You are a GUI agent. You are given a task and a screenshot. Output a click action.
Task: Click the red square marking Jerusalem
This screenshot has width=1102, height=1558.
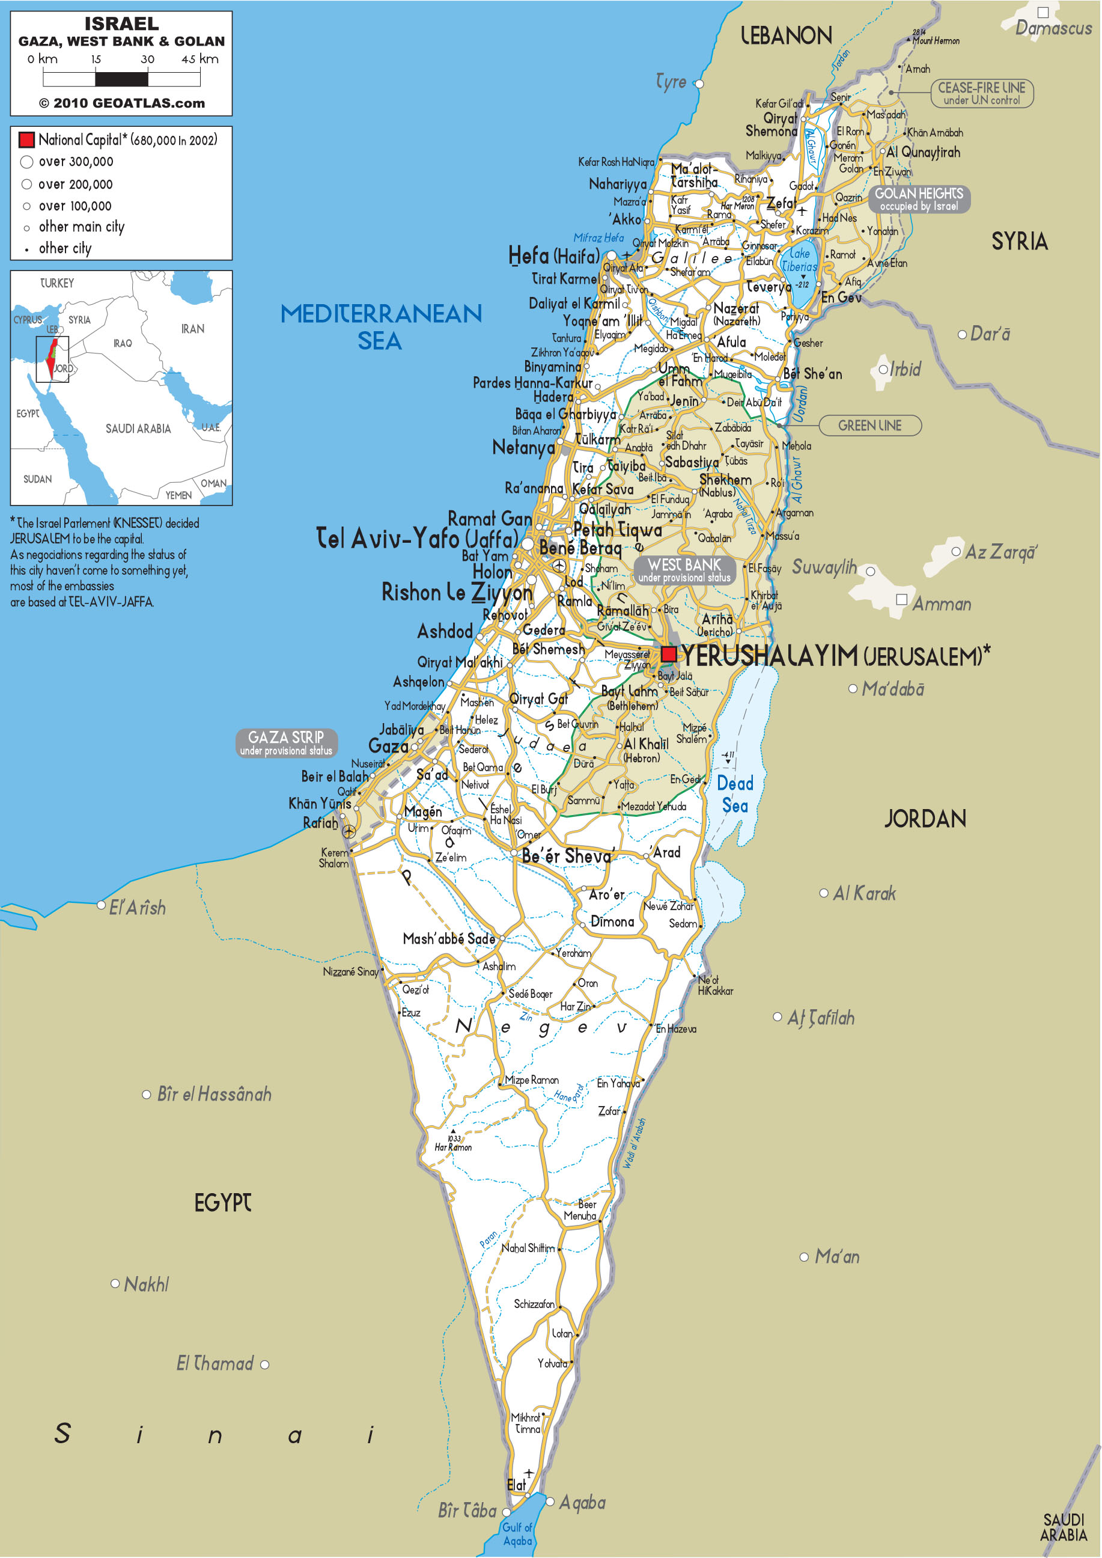click(x=668, y=654)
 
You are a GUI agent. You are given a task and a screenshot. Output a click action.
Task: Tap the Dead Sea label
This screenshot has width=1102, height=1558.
click(x=735, y=794)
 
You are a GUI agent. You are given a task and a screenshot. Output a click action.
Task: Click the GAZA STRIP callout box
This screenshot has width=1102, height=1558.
click(x=287, y=743)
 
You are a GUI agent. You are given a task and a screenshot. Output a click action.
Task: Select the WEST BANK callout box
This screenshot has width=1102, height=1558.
click(x=684, y=570)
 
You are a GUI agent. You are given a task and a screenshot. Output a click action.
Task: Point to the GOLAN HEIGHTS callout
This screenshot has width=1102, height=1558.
click(x=919, y=199)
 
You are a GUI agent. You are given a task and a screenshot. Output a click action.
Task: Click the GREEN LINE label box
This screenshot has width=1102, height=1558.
click(x=870, y=426)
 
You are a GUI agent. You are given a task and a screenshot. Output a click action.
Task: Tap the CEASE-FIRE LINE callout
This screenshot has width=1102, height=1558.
click(x=981, y=93)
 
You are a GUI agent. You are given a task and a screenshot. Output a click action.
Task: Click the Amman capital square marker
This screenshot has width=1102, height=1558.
click(x=902, y=599)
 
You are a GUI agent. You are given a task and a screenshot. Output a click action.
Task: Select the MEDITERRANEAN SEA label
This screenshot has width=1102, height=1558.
click(x=381, y=326)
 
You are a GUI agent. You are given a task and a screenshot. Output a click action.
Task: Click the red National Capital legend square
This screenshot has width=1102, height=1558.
click(x=26, y=140)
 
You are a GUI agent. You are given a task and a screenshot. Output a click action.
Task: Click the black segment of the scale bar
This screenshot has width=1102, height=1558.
click(x=121, y=79)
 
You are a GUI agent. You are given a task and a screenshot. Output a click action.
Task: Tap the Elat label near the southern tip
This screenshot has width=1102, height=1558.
click(x=516, y=1485)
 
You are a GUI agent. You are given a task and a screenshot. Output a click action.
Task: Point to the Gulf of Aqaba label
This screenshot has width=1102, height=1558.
click(x=517, y=1533)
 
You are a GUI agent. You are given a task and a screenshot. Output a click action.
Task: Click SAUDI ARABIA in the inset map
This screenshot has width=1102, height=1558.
click(x=138, y=429)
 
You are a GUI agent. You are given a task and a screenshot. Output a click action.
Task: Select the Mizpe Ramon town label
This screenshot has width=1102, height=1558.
click(x=531, y=1080)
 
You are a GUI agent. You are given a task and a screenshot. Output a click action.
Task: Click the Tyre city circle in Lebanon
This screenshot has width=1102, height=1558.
click(x=698, y=84)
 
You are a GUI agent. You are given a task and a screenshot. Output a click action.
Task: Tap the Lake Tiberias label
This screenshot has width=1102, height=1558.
click(x=799, y=260)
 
